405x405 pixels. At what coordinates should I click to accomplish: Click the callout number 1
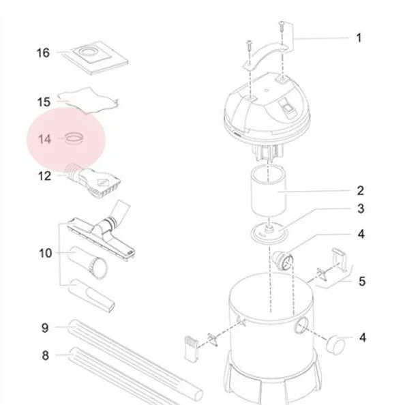pyautogui.click(x=359, y=38)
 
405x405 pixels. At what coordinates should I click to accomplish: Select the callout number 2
pyautogui.click(x=360, y=191)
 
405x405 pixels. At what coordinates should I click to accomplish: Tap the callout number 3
pyautogui.click(x=361, y=209)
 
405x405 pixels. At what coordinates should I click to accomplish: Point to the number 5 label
pyautogui.click(x=362, y=281)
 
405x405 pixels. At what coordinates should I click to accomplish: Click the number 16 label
pyautogui.click(x=43, y=53)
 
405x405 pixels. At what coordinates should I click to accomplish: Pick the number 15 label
pyautogui.click(x=44, y=102)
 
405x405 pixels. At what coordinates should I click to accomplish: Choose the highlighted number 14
pyautogui.click(x=44, y=139)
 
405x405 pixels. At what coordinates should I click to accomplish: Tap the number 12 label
pyautogui.click(x=44, y=176)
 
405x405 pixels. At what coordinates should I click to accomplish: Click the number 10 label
pyautogui.click(x=45, y=253)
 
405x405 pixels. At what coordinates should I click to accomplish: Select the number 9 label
pyautogui.click(x=45, y=328)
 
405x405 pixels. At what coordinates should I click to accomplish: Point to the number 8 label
pyautogui.click(x=45, y=355)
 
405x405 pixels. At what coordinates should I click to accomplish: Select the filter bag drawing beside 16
pyautogui.click(x=95, y=57)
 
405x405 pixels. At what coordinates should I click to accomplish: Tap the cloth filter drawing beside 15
pyautogui.click(x=88, y=100)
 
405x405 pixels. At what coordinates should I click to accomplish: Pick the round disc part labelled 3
pyautogui.click(x=269, y=232)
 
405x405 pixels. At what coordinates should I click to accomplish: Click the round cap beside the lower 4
pyautogui.click(x=335, y=344)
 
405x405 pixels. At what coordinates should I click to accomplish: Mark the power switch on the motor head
pyautogui.click(x=286, y=106)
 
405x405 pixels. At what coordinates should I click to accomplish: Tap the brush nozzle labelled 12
pyautogui.click(x=93, y=180)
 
